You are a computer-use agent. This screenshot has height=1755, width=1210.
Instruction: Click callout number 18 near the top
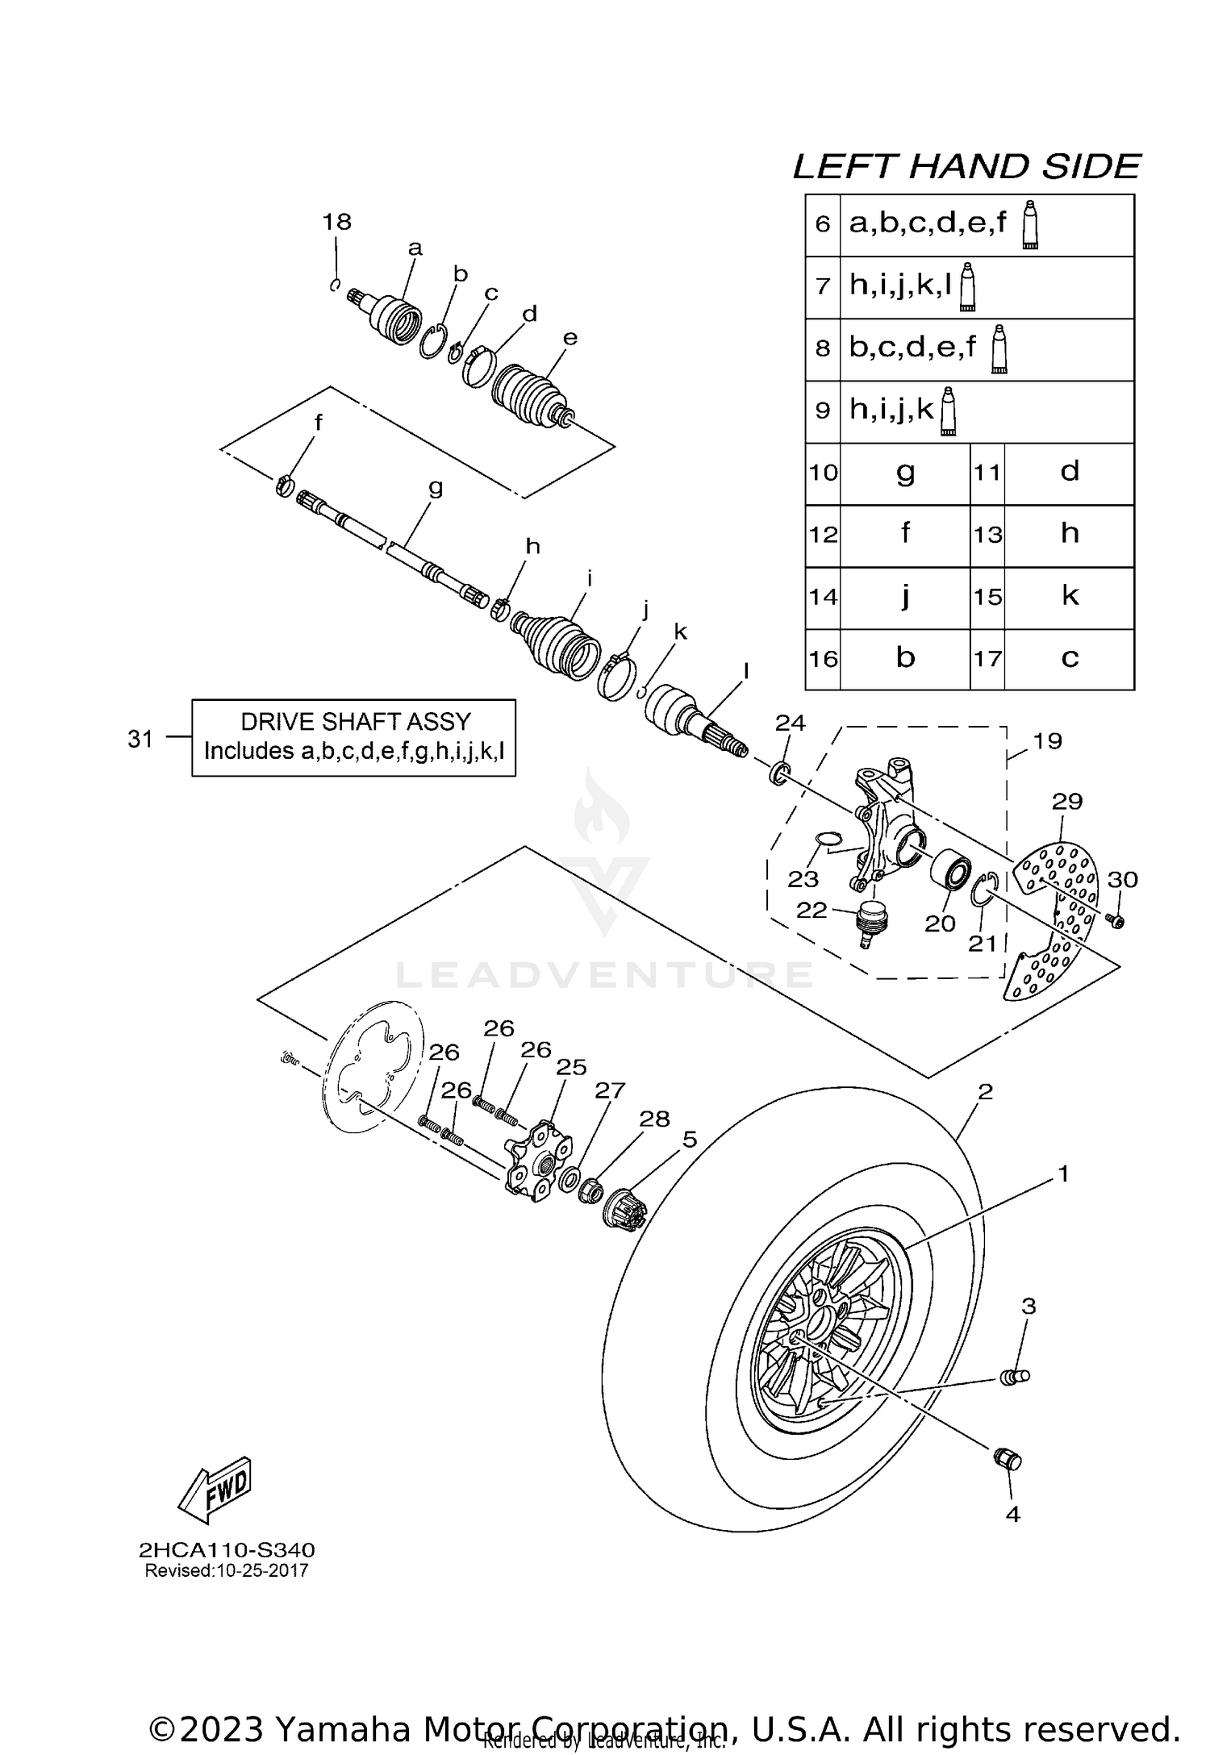337,222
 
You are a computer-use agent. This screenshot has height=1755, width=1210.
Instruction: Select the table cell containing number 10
823,473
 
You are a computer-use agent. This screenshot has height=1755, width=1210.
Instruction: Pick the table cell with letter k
1069,597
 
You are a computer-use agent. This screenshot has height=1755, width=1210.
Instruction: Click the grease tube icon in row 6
1030,225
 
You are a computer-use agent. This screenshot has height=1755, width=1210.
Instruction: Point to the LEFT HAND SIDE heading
966,167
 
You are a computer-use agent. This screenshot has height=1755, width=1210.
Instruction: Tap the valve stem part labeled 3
1013,1378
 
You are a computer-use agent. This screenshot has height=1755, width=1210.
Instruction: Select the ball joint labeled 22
870,922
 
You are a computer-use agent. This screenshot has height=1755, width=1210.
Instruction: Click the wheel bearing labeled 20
949,873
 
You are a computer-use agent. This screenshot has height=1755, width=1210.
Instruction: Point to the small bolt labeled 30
1116,920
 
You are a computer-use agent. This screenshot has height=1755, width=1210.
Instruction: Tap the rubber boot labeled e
528,393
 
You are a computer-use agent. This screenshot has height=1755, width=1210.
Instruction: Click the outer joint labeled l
694,715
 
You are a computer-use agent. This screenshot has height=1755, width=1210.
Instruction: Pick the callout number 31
140,738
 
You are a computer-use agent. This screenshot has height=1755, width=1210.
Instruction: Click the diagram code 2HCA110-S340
227,1550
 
